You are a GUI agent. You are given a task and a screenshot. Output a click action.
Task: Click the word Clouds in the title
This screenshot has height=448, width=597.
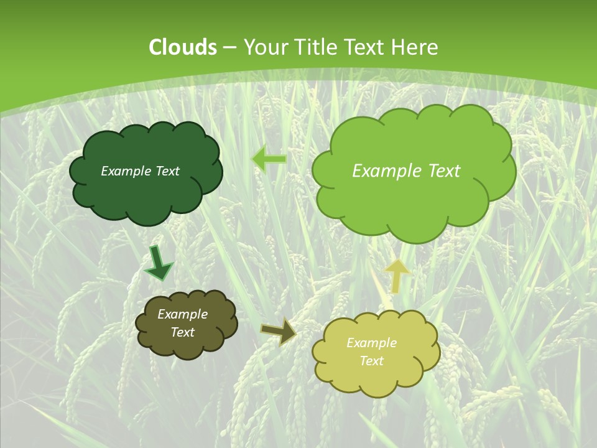pos(183,47)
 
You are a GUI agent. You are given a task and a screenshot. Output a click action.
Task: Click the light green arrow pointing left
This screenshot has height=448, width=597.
pos(269,159)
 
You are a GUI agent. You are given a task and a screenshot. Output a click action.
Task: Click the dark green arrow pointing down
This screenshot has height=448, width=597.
pos(159,264)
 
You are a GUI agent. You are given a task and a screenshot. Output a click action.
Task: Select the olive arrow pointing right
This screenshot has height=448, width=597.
pos(279,332)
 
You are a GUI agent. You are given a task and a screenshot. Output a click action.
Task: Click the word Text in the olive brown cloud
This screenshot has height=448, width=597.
pos(183,332)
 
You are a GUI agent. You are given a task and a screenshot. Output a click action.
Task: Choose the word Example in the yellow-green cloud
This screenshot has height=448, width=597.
pos(371,343)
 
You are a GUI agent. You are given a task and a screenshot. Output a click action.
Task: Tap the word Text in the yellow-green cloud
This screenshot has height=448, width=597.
pos(371,361)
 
